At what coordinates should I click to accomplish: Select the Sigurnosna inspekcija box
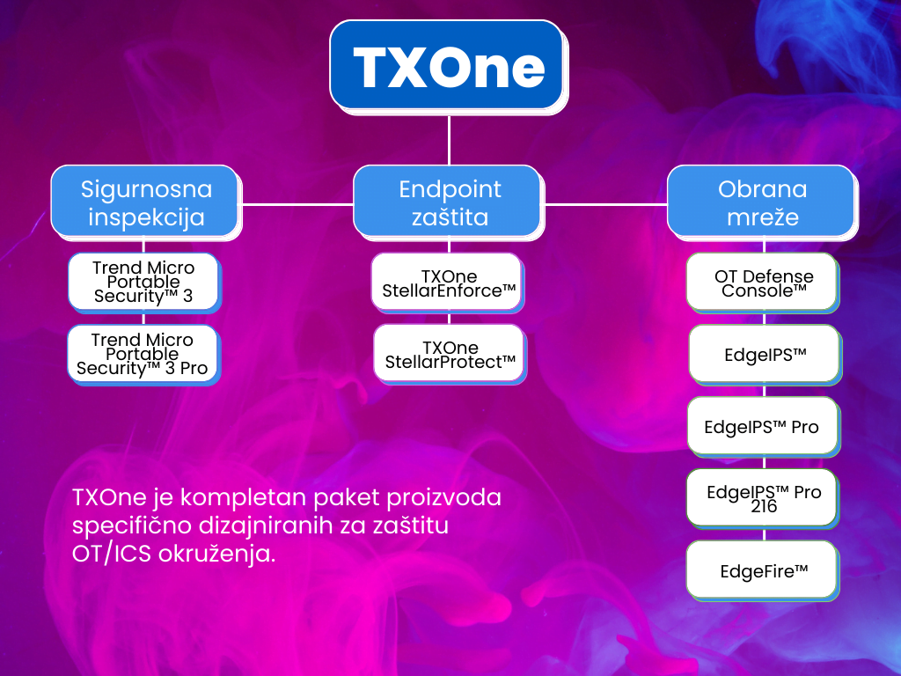click(144, 202)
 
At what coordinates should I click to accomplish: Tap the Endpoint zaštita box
click(449, 202)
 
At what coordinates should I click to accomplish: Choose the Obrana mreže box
click(761, 202)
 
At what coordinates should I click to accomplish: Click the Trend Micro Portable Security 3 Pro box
click(143, 354)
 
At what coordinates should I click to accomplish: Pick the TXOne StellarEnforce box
click(448, 283)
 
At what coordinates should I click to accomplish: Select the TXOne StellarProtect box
click(449, 354)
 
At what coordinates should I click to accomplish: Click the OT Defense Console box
click(762, 283)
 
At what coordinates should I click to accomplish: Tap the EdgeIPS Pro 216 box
click(762, 499)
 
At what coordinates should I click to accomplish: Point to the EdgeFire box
click(762, 571)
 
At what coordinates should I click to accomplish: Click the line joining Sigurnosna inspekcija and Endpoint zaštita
click(296, 203)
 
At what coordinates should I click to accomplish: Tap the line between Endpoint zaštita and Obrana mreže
click(605, 203)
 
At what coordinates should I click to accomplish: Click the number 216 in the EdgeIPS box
click(764, 507)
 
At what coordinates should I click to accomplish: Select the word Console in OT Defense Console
click(764, 290)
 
